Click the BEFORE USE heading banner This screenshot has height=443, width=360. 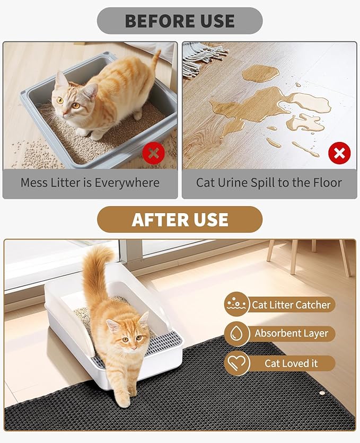pos(180,21)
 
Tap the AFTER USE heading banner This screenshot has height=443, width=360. pos(180,219)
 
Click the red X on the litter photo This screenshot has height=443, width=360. pos(153,154)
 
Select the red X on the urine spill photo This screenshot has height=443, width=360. pos(339,154)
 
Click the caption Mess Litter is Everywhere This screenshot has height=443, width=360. pos(90,183)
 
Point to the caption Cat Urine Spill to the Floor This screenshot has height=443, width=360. pos(269,183)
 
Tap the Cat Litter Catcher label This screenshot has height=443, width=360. pos(291,305)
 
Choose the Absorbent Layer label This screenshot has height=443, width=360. pos(291,334)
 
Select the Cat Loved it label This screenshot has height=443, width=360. pos(291,364)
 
